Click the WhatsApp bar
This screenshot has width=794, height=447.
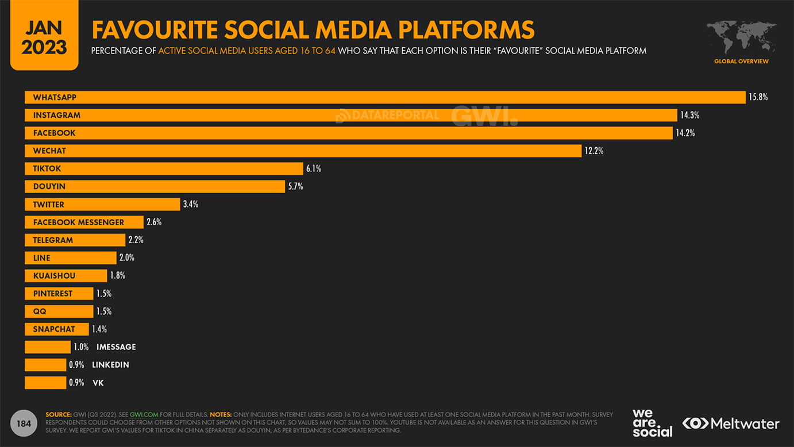point(385,97)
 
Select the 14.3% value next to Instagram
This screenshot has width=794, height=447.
point(689,115)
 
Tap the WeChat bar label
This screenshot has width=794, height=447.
point(49,151)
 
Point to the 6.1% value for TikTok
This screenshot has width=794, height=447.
point(314,169)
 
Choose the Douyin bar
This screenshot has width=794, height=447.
point(155,187)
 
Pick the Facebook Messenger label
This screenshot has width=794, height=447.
point(79,222)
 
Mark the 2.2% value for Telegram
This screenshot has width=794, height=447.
point(136,240)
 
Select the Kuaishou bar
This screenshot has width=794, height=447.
point(65,276)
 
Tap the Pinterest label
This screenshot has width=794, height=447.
point(53,294)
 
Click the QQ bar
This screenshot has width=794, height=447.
point(59,311)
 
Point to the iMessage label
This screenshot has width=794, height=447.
point(116,347)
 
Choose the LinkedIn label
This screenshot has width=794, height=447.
point(110,365)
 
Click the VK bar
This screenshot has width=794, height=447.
point(45,383)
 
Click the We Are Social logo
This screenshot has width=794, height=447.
point(652,423)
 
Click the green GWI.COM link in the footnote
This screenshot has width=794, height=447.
point(144,414)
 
